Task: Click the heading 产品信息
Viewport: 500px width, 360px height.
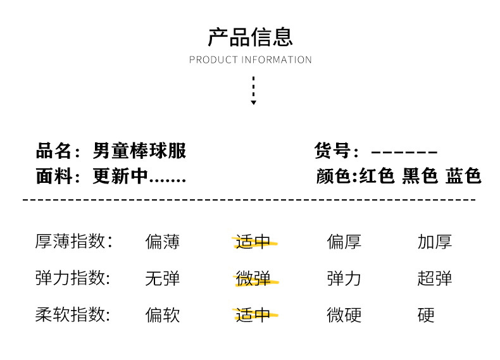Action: [x=250, y=37]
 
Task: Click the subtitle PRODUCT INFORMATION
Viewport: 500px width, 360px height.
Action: [x=250, y=60]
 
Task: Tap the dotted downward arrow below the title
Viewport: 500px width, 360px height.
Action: [x=253, y=90]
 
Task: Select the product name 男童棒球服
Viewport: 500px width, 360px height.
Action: [x=140, y=151]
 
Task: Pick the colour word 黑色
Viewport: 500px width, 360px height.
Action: [x=420, y=176]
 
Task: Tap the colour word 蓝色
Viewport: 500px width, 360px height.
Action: [x=463, y=176]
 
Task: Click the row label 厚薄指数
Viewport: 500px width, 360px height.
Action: [x=73, y=241]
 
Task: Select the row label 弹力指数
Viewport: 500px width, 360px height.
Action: [x=73, y=278]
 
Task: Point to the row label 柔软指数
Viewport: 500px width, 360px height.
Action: [x=73, y=314]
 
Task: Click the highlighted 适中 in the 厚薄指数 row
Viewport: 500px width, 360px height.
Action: [x=253, y=241]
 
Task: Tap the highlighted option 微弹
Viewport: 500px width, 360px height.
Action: [x=253, y=278]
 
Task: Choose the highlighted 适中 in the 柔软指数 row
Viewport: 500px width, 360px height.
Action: [x=253, y=314]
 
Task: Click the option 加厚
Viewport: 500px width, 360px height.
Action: [x=435, y=241]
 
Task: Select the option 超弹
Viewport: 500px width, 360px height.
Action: [x=435, y=278]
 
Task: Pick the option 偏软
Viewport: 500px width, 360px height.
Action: [x=163, y=314]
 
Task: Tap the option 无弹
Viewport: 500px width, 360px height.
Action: [x=163, y=278]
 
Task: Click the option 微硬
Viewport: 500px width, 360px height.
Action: [x=344, y=314]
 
